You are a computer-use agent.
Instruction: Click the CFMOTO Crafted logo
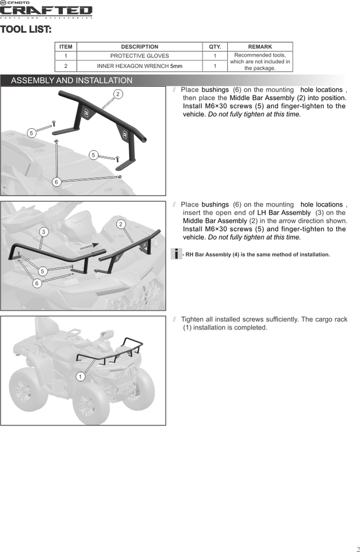click(46, 10)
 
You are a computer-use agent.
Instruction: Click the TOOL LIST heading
click(26, 29)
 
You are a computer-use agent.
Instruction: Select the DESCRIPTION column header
click(139, 47)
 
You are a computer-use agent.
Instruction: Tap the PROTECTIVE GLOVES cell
click(139, 56)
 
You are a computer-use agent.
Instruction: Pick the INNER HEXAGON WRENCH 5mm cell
click(139, 66)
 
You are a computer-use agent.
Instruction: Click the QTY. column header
click(215, 47)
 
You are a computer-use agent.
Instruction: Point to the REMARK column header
click(260, 47)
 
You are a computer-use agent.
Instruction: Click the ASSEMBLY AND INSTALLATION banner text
click(71, 80)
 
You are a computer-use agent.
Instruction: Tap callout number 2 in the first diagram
click(117, 94)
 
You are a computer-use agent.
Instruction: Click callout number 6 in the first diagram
click(56, 182)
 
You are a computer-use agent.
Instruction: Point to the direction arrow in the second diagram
click(88, 245)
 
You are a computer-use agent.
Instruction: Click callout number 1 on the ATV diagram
click(81, 376)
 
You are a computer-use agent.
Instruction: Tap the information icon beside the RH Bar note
click(177, 254)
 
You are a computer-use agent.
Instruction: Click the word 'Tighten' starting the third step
click(193, 319)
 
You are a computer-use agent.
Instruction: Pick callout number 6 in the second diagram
click(37, 283)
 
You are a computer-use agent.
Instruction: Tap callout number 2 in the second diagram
click(121, 223)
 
